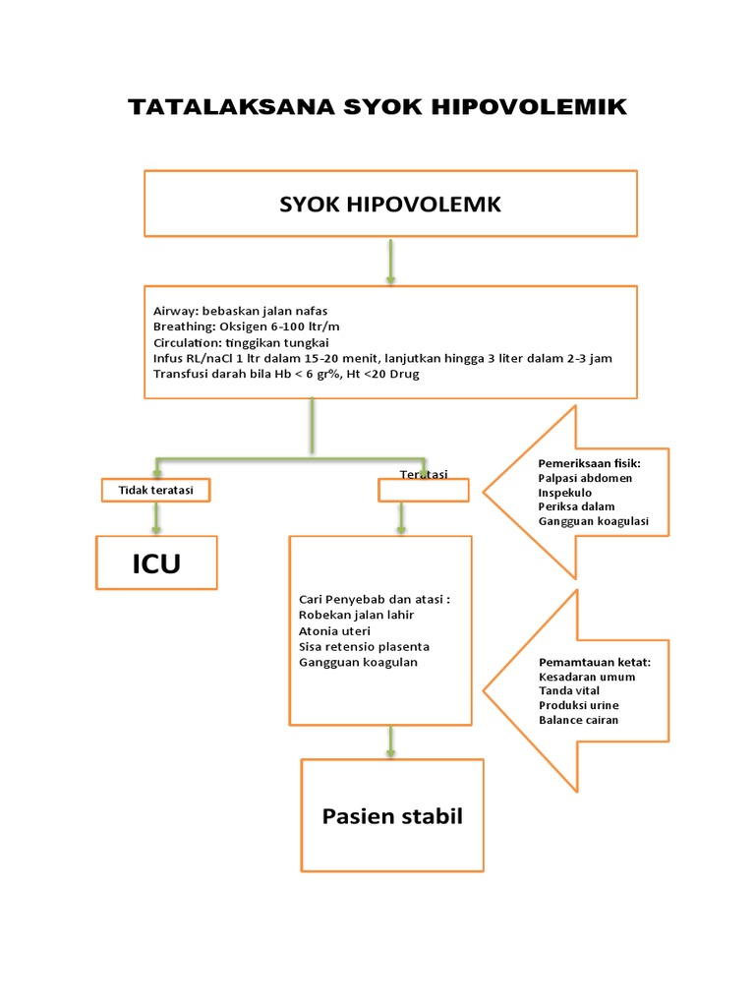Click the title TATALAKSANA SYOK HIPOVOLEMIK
point(377,107)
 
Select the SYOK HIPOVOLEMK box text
point(390,205)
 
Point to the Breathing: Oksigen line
point(247,326)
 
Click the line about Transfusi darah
point(286,374)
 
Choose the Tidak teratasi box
point(155,490)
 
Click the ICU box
point(156,563)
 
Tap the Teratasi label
point(424,475)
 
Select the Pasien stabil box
point(391,816)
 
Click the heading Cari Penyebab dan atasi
point(374,599)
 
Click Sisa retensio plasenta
point(364,646)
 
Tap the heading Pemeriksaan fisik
point(589,463)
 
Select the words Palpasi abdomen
point(585,478)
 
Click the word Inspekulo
point(565,493)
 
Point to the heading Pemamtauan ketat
point(594,662)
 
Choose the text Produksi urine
point(578,705)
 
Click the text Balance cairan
point(578,720)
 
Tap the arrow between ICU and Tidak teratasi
point(155,518)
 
